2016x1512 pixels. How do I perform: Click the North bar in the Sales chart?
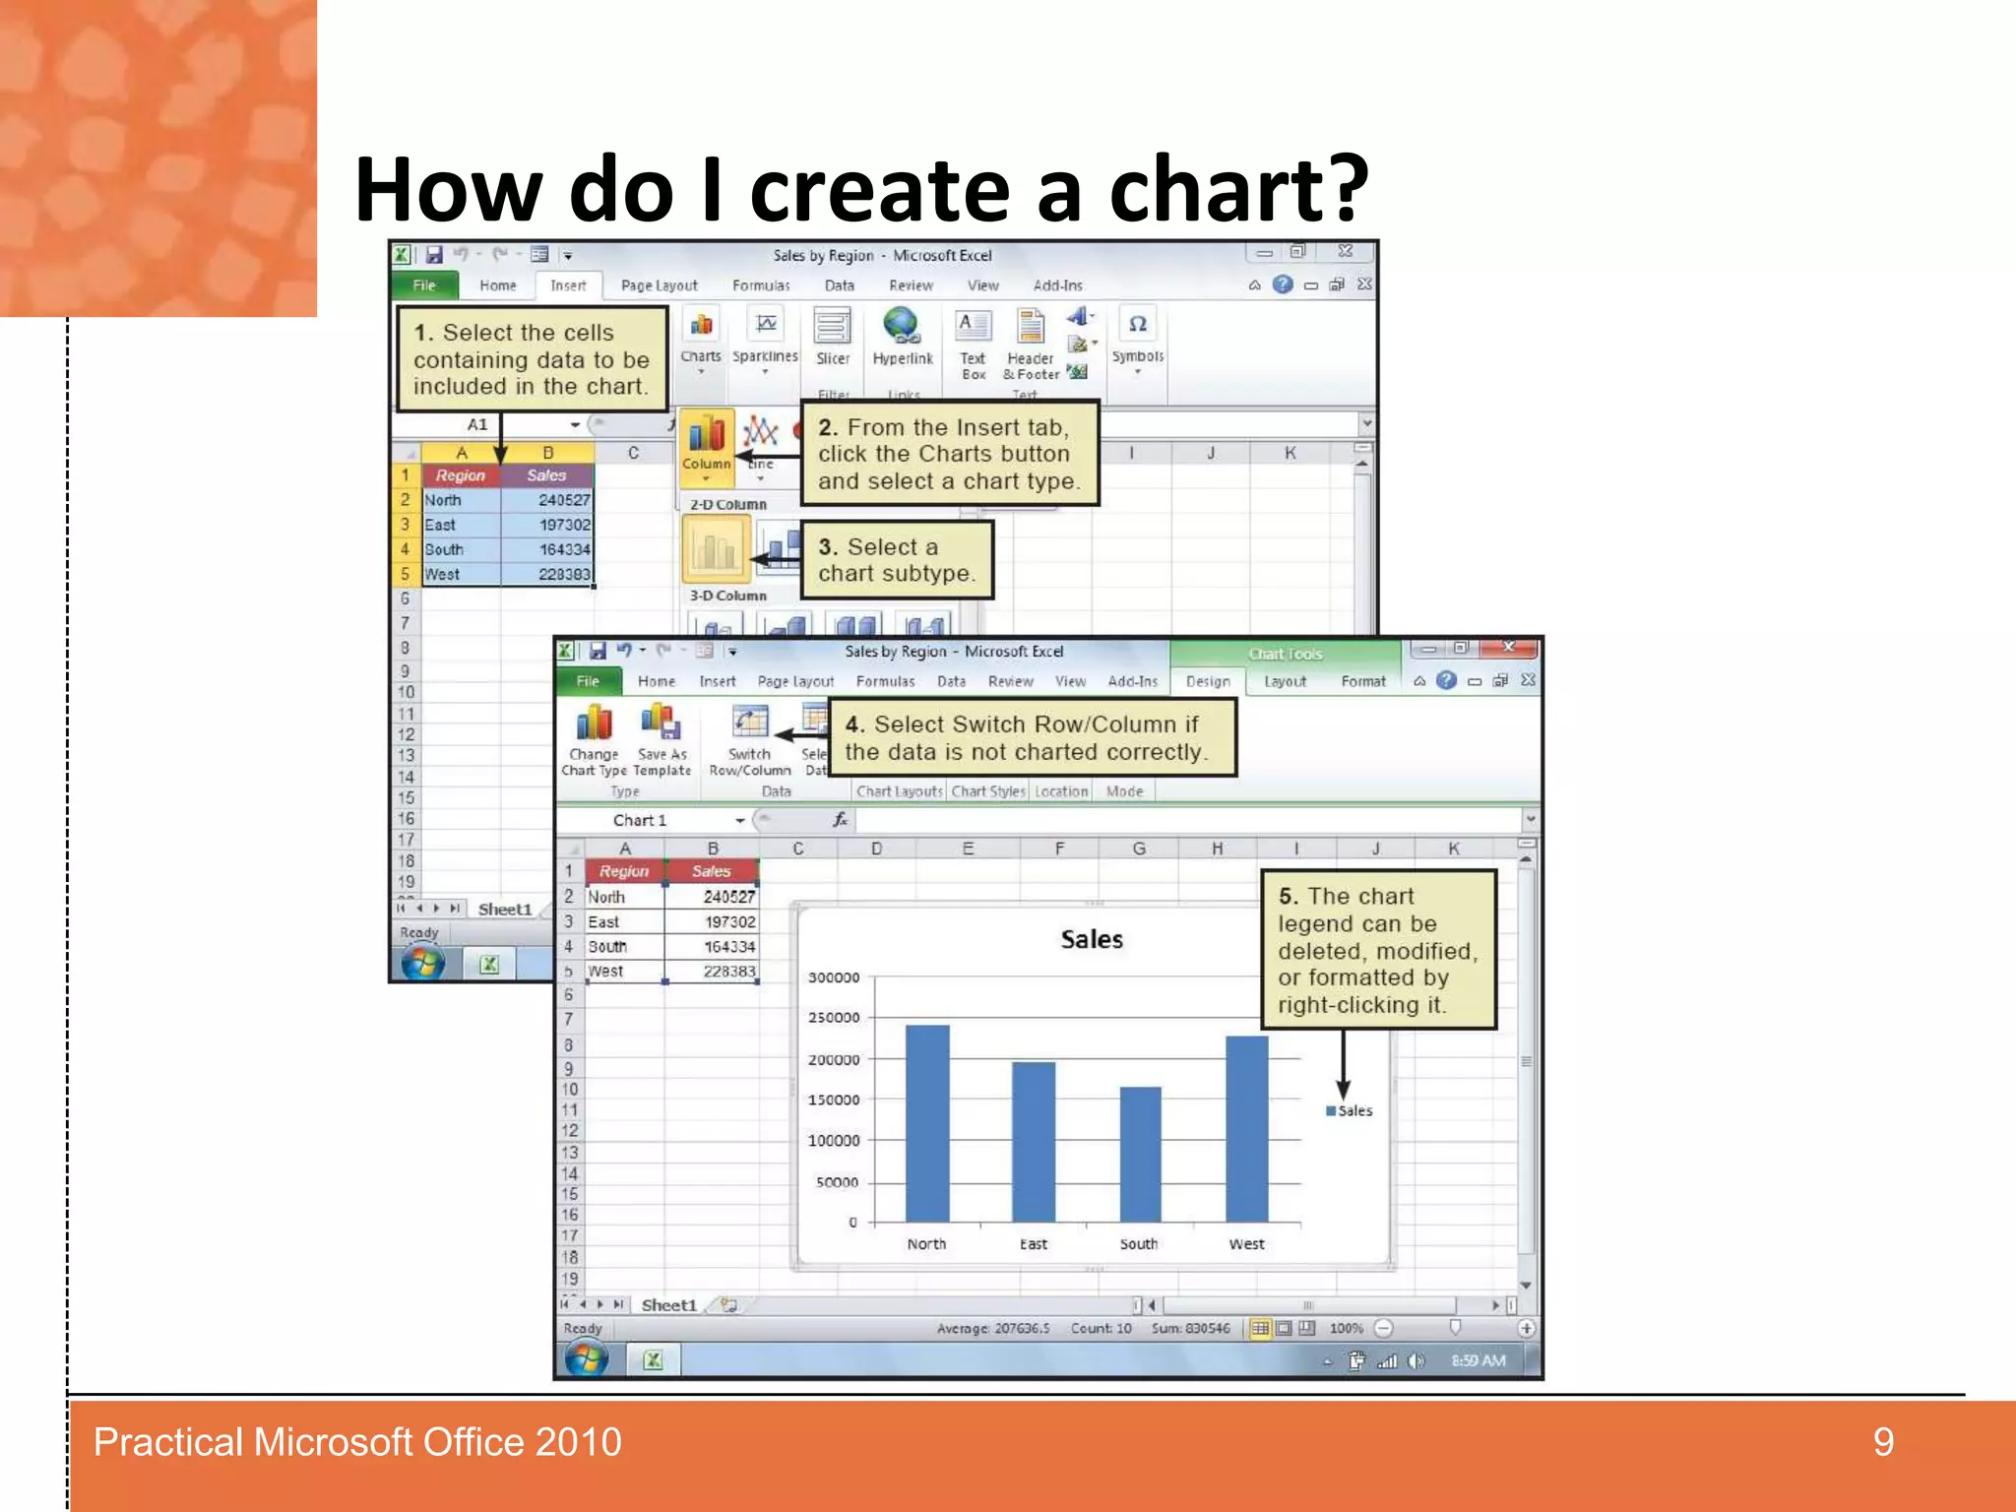(927, 1122)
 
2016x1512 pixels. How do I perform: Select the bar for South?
(1140, 1154)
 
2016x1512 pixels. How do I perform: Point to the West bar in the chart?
(1246, 1128)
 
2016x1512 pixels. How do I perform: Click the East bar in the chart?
(1034, 1141)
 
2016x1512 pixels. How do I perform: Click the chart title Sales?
(1092, 939)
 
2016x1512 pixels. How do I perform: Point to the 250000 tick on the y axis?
(834, 1018)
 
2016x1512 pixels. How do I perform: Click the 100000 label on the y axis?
(834, 1141)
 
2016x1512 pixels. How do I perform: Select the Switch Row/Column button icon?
(750, 724)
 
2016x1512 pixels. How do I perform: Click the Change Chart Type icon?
(594, 724)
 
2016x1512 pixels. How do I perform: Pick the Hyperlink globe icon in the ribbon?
(902, 326)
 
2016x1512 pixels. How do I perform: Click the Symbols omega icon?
(1137, 324)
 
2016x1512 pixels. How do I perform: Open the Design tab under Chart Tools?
(1208, 681)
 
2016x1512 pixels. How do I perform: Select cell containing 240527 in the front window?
(728, 897)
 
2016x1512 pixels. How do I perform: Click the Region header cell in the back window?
(461, 475)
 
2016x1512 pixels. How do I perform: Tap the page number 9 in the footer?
(1883, 1442)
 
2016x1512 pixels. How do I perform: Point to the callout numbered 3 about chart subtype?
(897, 560)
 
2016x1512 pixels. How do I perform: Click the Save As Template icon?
(661, 724)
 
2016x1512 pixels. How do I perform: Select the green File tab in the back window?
(424, 285)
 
